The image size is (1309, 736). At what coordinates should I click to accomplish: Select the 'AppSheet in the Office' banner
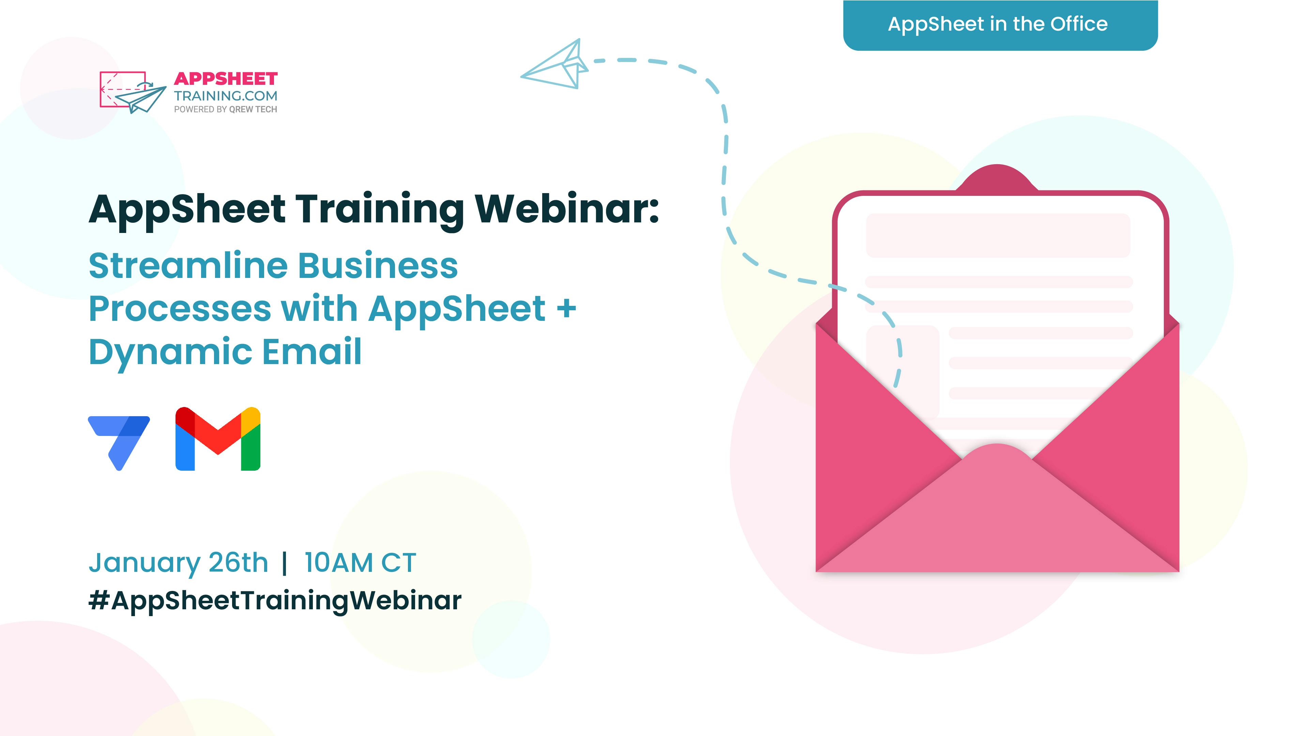(x=1000, y=25)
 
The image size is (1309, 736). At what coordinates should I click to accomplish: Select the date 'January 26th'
(x=178, y=563)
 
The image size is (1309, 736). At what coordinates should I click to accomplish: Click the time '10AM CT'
(x=360, y=563)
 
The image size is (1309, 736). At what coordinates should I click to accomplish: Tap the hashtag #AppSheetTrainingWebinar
(x=275, y=600)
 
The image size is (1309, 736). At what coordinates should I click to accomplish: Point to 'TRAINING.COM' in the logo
(x=226, y=96)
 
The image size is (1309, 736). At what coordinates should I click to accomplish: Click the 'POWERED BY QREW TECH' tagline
(x=226, y=109)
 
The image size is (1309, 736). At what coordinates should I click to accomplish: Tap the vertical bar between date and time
(x=285, y=563)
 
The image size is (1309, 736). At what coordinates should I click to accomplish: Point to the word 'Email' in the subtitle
(x=312, y=351)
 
